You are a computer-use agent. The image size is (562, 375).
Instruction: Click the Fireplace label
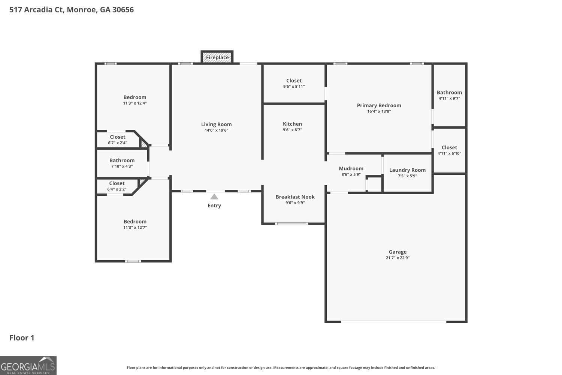point(217,57)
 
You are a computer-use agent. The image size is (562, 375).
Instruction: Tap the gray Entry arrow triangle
point(214,196)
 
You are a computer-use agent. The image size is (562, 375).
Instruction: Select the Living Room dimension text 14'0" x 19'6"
point(216,130)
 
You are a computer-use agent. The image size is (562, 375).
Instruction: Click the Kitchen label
point(292,124)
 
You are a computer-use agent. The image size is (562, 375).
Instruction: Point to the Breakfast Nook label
point(295,197)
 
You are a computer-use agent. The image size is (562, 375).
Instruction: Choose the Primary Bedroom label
point(379,105)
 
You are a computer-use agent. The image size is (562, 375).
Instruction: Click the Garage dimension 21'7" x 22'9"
point(398,258)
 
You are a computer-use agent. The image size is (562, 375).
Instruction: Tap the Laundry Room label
point(408,170)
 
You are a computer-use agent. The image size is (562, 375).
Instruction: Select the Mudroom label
point(351,168)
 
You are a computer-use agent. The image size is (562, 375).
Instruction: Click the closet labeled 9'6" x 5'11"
point(294,83)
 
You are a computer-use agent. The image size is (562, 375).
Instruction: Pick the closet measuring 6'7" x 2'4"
point(117,139)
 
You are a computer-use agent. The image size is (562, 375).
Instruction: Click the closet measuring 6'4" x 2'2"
point(117,186)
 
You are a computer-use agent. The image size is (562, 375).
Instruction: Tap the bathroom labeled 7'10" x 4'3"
point(122,163)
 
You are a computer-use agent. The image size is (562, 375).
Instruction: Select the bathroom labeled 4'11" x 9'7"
point(449,95)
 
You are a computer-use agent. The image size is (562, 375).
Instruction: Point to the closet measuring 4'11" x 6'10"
point(449,150)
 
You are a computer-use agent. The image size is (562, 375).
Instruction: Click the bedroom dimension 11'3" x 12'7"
point(135,228)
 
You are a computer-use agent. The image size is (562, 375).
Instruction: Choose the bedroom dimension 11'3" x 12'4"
point(135,103)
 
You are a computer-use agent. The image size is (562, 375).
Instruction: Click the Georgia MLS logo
point(28,366)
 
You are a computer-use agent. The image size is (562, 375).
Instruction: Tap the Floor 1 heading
point(22,338)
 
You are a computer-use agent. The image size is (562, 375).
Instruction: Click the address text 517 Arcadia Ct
point(37,10)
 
